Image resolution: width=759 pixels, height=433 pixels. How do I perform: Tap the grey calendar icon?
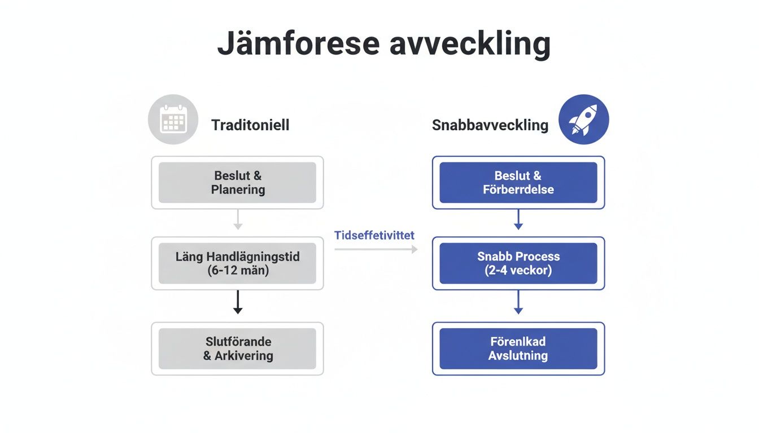pos(173,120)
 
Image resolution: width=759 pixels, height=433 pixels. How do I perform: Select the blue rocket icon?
pos(583,120)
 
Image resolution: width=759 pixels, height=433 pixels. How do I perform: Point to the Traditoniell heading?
pos(250,125)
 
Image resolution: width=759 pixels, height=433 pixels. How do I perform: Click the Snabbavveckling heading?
pos(490,125)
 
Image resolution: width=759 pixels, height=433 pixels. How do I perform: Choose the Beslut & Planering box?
pos(237,183)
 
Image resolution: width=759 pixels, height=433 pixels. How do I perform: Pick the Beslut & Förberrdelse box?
pos(518,183)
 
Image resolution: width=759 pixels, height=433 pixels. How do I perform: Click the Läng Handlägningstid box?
pos(237,263)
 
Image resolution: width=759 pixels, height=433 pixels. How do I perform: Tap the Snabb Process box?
pos(518,263)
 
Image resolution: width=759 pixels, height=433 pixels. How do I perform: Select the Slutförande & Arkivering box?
pos(237,348)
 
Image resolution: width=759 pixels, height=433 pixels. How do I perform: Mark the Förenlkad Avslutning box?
pos(518,348)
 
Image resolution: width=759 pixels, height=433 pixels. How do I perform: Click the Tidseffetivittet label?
pos(374,235)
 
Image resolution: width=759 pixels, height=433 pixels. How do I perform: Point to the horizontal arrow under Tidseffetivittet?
pos(376,249)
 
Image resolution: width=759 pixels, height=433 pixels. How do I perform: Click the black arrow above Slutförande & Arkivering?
pos(238,302)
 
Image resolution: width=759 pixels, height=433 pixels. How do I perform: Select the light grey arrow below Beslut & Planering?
pos(238,219)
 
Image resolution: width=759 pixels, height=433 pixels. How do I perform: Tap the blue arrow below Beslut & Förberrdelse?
pos(518,219)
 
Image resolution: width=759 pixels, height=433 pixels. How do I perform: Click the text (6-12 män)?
pos(237,270)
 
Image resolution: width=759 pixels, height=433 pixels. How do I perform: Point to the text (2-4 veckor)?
pos(518,270)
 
